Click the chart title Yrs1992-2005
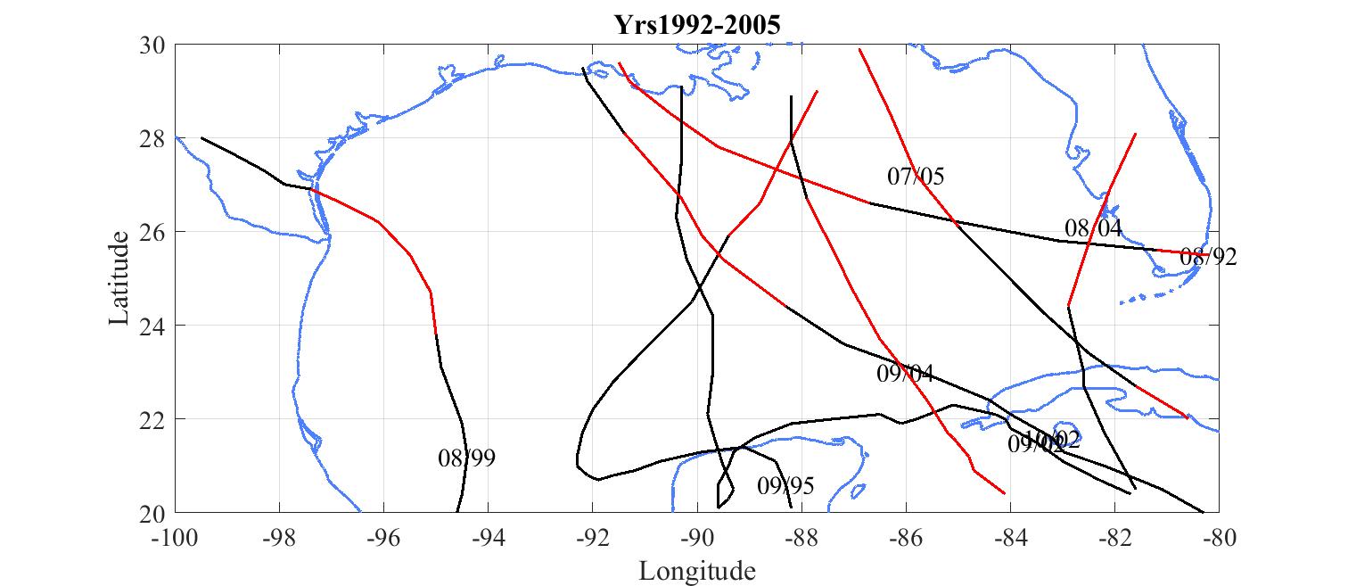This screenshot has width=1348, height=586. click(x=697, y=24)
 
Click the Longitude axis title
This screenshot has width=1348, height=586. click(x=697, y=570)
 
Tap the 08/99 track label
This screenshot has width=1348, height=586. click(x=466, y=458)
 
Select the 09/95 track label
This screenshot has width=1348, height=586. click(x=785, y=486)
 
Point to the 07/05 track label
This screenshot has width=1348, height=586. click(x=916, y=176)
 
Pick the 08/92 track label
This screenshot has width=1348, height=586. click(x=1208, y=257)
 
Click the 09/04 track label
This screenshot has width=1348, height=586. click(x=905, y=373)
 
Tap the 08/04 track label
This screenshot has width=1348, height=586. click(x=1092, y=227)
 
